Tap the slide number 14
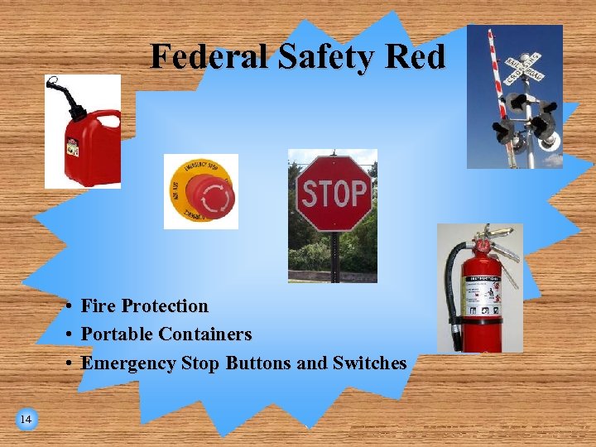point(26,420)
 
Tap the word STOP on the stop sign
point(333,194)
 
